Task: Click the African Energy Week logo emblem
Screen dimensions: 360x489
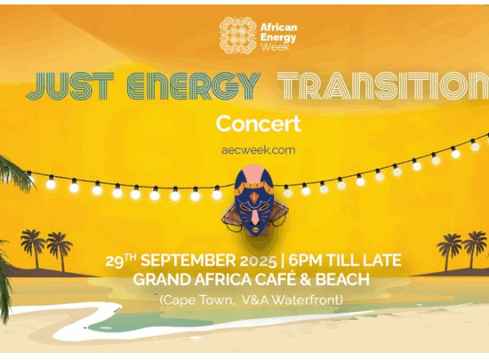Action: pyautogui.click(x=238, y=35)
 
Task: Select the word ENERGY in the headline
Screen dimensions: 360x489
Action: pyautogui.click(x=194, y=86)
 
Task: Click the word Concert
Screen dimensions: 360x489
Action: pyautogui.click(x=258, y=123)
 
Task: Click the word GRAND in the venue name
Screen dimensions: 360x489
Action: pyautogui.click(x=160, y=279)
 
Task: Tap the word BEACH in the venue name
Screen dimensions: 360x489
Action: pyautogui.click(x=344, y=279)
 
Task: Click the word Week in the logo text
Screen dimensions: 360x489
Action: pyautogui.click(x=274, y=45)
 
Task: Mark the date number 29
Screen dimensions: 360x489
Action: pyautogui.click(x=114, y=261)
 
